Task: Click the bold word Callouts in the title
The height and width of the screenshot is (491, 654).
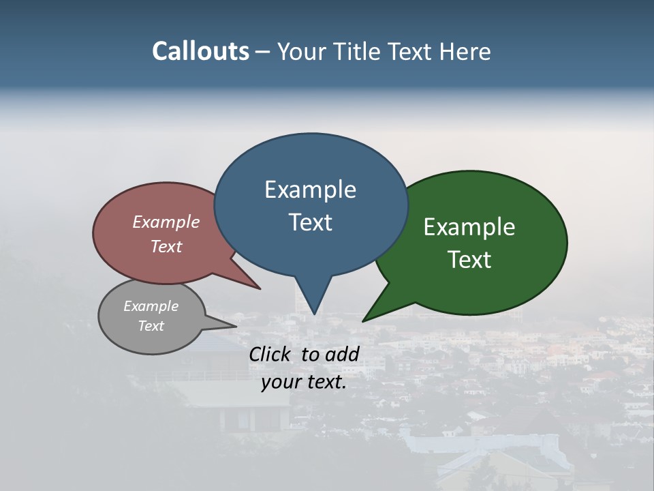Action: [x=200, y=51]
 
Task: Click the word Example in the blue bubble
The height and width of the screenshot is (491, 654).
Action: [x=310, y=190]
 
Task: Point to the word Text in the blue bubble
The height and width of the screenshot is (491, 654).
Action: [x=311, y=222]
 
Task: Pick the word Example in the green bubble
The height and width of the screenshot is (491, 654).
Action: [x=469, y=227]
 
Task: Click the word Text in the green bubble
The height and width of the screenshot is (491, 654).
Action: [x=469, y=260]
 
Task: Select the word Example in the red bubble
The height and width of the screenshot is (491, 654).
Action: [x=166, y=222]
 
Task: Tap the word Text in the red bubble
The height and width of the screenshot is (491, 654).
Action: [x=166, y=246]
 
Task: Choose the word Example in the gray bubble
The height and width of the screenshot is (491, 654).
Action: [x=151, y=306]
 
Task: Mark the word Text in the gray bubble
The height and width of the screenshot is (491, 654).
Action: [x=151, y=326]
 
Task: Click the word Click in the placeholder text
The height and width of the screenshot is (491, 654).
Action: [x=270, y=354]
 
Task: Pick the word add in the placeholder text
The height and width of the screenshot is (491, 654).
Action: [x=343, y=354]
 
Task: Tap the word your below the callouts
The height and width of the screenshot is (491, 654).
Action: [x=281, y=382]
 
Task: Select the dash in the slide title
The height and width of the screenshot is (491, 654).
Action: [x=263, y=52]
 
